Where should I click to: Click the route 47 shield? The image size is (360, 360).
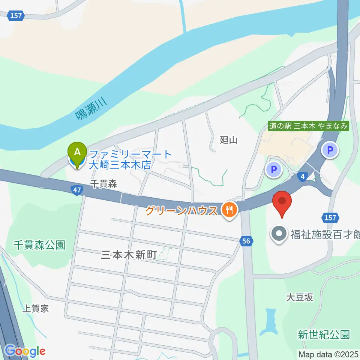(77, 190)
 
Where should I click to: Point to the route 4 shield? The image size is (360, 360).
(303, 176)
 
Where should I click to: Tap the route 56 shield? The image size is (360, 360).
(246, 241)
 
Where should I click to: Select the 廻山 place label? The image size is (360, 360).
(229, 140)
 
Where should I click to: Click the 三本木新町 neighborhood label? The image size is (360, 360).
(129, 255)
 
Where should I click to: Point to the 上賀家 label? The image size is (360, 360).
(36, 309)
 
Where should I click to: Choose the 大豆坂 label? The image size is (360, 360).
(299, 297)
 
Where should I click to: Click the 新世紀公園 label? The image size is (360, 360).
(324, 334)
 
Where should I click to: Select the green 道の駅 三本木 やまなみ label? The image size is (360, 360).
(309, 126)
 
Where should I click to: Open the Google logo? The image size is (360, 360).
(25, 351)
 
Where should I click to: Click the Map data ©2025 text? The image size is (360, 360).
(328, 354)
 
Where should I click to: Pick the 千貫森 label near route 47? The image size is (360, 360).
(104, 183)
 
